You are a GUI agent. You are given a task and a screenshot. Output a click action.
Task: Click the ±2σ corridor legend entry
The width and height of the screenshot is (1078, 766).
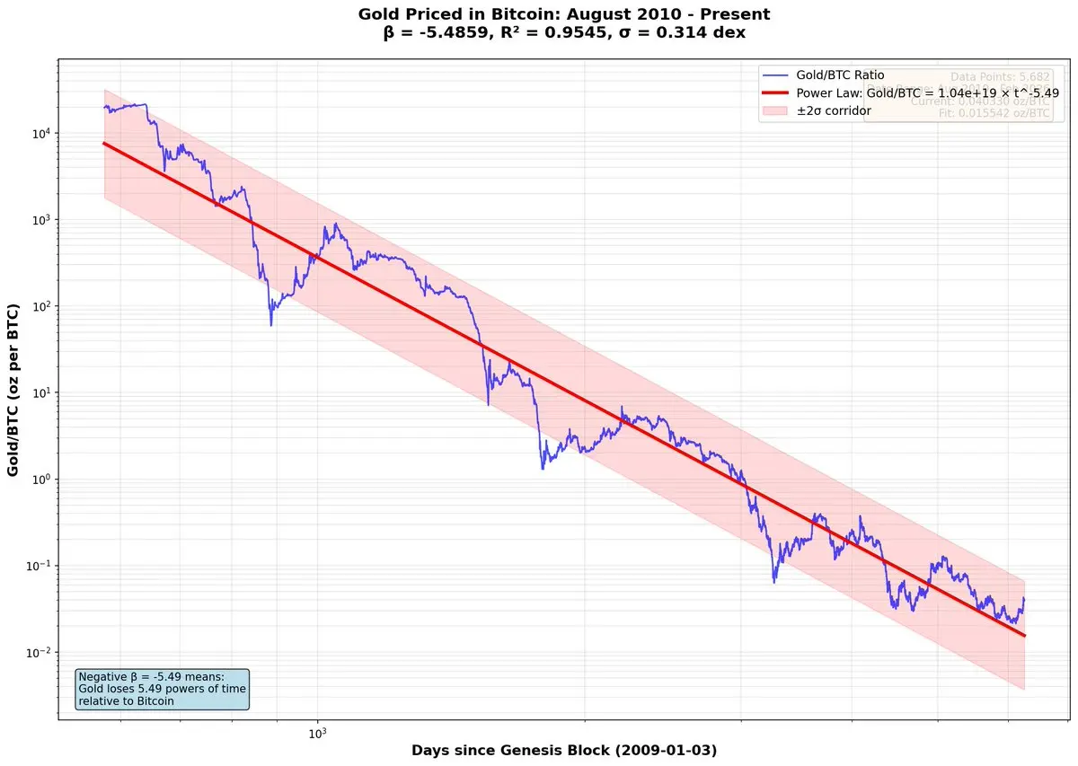(x=834, y=110)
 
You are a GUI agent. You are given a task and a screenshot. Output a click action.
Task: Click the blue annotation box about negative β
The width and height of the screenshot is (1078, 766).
(x=162, y=689)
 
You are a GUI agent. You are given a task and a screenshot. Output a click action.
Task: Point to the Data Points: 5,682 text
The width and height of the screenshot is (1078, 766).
(x=1000, y=78)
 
